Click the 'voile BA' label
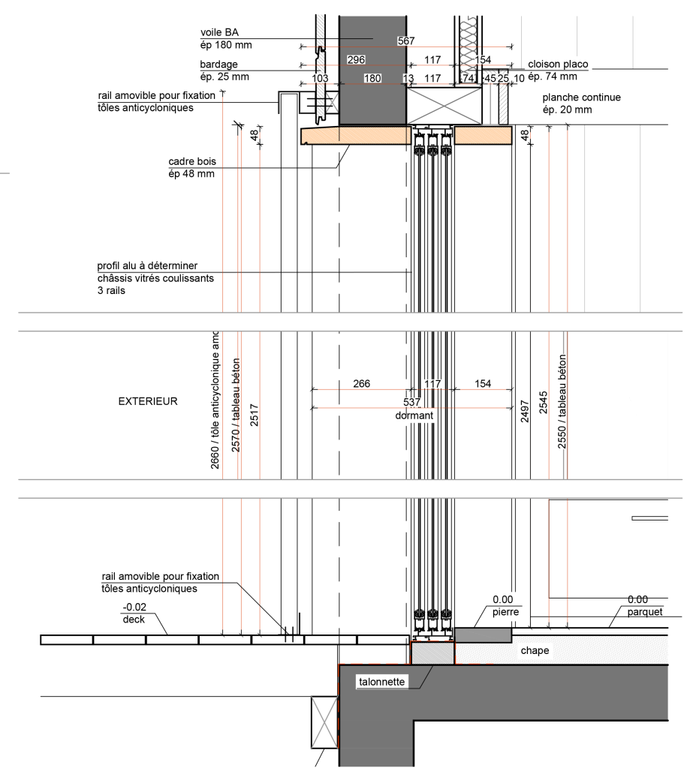click(219, 31)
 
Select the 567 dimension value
click(406, 41)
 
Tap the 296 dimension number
click(356, 59)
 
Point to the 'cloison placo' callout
click(558, 64)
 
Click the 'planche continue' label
click(581, 97)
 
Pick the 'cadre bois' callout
click(193, 161)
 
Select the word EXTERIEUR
click(148, 401)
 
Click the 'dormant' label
click(414, 415)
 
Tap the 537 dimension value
click(411, 403)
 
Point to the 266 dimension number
click(361, 384)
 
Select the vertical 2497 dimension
click(525, 411)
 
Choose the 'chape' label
click(535, 651)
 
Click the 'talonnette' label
click(382, 682)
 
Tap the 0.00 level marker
click(502, 599)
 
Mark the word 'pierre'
click(505, 612)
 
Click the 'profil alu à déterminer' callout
click(147, 265)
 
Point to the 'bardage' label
click(218, 64)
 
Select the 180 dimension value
click(372, 78)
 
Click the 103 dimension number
click(320, 78)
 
